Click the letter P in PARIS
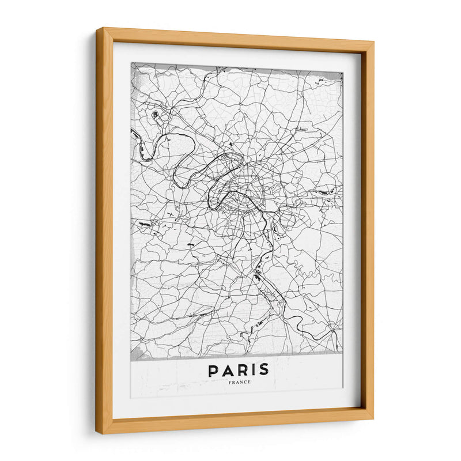(x=214, y=370)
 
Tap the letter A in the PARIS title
(x=228, y=370)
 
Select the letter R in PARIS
(x=241, y=370)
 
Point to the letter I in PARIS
(x=252, y=370)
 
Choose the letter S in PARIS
(x=263, y=370)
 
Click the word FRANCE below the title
(x=239, y=382)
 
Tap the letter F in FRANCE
(x=230, y=382)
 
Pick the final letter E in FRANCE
(x=249, y=382)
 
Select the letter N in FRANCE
(x=241, y=382)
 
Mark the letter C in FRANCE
(x=245, y=382)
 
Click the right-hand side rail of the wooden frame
(x=368, y=231)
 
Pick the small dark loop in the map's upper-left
(x=154, y=114)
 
